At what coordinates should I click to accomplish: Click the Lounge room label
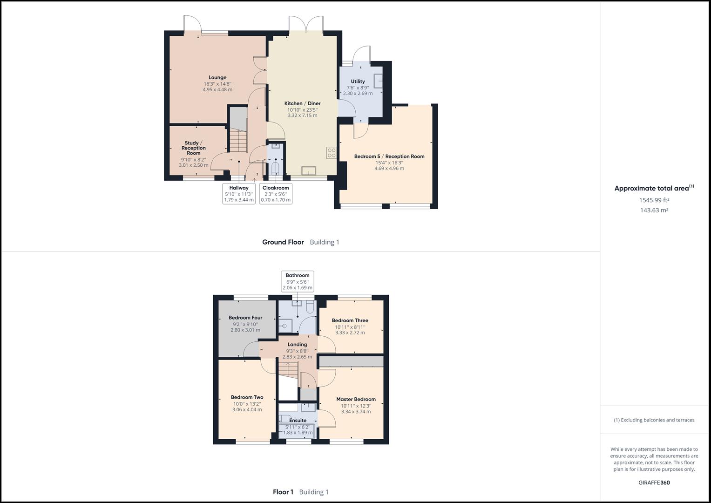coord(217,78)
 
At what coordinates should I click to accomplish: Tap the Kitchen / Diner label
coord(302,103)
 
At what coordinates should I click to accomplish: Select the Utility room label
coord(358,82)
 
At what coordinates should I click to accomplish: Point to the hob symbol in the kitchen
coord(332,153)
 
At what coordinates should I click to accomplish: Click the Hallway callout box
coord(239,194)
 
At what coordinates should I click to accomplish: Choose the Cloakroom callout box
coord(276,194)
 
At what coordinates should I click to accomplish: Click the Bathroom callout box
coord(298,281)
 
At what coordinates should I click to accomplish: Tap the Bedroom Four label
coord(245,318)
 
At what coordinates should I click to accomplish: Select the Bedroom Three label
coord(350,320)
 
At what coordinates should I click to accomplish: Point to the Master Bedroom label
coord(356,399)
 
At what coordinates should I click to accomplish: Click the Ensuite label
coord(298,421)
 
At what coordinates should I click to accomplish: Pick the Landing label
coord(297,345)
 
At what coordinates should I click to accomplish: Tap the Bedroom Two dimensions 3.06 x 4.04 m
coord(247,410)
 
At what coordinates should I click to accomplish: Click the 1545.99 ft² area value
coord(654,200)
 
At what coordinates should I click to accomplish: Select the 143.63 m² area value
coord(654,211)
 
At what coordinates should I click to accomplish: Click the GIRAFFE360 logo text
coord(654,483)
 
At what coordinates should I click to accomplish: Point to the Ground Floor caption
coord(283,242)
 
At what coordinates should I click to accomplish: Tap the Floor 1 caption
coord(283,492)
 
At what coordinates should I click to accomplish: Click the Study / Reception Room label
coord(194,148)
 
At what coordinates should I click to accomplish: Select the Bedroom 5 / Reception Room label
coord(389,156)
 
